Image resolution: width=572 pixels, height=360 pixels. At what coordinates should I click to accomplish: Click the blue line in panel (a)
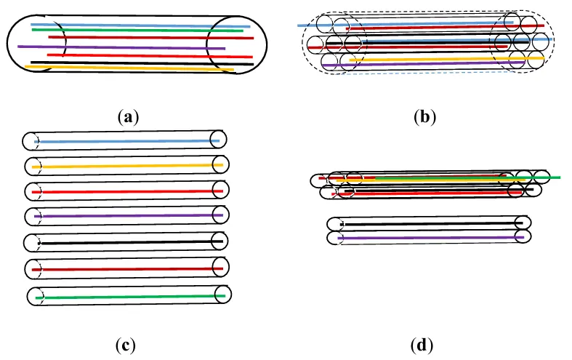coord(138,25)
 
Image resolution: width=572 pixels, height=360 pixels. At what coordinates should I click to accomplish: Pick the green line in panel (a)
coord(138,31)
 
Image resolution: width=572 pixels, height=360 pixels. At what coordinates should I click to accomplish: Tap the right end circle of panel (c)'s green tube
coord(223,294)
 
